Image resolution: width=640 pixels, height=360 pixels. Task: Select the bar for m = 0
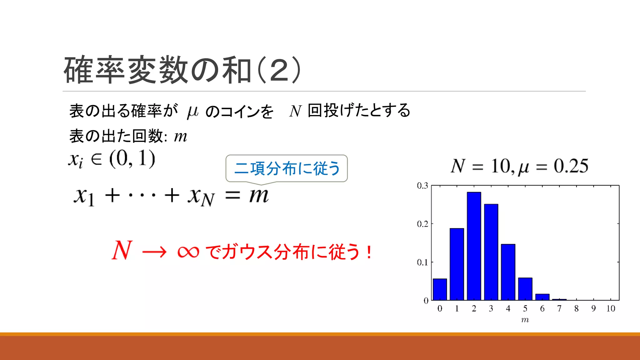(x=440, y=289)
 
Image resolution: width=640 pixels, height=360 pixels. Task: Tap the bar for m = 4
(x=508, y=272)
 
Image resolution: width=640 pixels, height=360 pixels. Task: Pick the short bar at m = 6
(x=542, y=297)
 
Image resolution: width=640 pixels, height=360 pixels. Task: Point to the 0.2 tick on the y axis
(x=422, y=224)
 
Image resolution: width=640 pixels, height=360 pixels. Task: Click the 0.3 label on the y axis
(x=422, y=186)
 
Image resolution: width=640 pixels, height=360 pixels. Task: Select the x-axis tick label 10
(x=610, y=309)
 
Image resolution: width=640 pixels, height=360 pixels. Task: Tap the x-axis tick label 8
(x=576, y=309)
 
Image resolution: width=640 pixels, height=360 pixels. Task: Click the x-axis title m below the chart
(x=525, y=320)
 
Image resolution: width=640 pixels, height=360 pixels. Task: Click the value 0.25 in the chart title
(x=571, y=166)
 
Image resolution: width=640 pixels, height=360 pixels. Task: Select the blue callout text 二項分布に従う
(x=287, y=168)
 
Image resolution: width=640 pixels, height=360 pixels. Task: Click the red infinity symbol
(x=188, y=252)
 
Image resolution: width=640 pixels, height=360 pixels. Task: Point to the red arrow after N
(x=154, y=252)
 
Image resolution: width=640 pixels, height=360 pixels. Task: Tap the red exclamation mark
(x=369, y=252)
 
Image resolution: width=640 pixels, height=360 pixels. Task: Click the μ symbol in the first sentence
(x=192, y=112)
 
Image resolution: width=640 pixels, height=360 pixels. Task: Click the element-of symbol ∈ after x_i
(x=96, y=159)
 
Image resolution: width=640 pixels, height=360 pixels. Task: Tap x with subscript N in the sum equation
(x=201, y=197)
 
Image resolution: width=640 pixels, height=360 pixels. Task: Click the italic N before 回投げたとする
(x=295, y=111)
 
